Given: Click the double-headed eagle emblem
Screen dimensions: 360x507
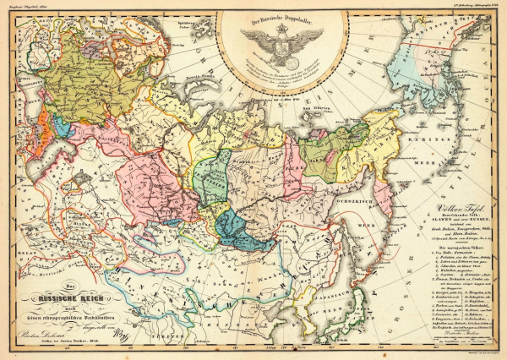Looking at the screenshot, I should tap(282, 39).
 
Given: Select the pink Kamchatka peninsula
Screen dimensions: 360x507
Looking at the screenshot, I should tap(382, 191).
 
